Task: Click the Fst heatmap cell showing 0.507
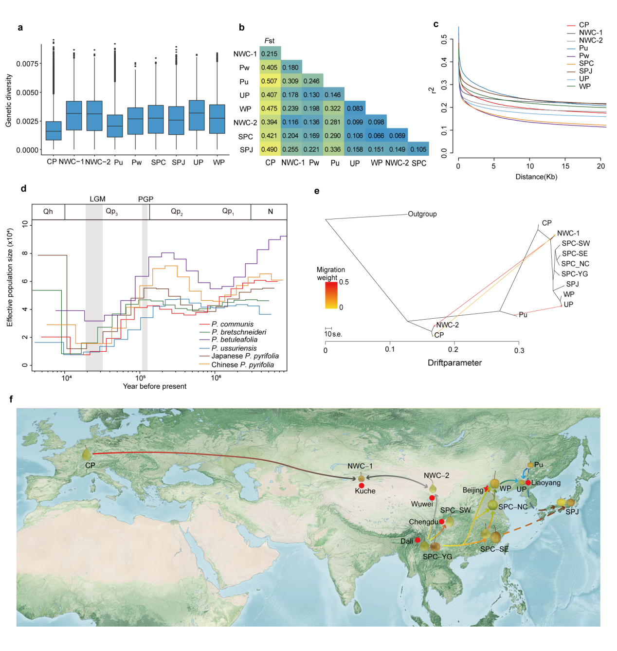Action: tap(269, 81)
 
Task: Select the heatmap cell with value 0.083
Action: tap(355, 108)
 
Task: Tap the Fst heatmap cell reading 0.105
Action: tap(418, 149)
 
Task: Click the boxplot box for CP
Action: tap(54, 130)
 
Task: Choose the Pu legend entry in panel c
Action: tap(583, 48)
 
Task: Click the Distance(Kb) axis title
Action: tap(536, 177)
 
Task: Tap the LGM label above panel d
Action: tap(97, 199)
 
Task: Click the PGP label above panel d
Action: tap(145, 199)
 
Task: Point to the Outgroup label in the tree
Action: tap(422, 214)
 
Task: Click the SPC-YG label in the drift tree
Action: tap(574, 274)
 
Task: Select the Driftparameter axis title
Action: tap(454, 362)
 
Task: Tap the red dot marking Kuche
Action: tap(362, 486)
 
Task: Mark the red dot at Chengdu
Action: tap(441, 522)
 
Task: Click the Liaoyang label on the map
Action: tap(546, 483)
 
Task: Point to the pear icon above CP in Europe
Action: tap(87, 453)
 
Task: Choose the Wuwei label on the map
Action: tap(421, 504)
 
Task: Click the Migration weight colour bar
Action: tap(331, 295)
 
